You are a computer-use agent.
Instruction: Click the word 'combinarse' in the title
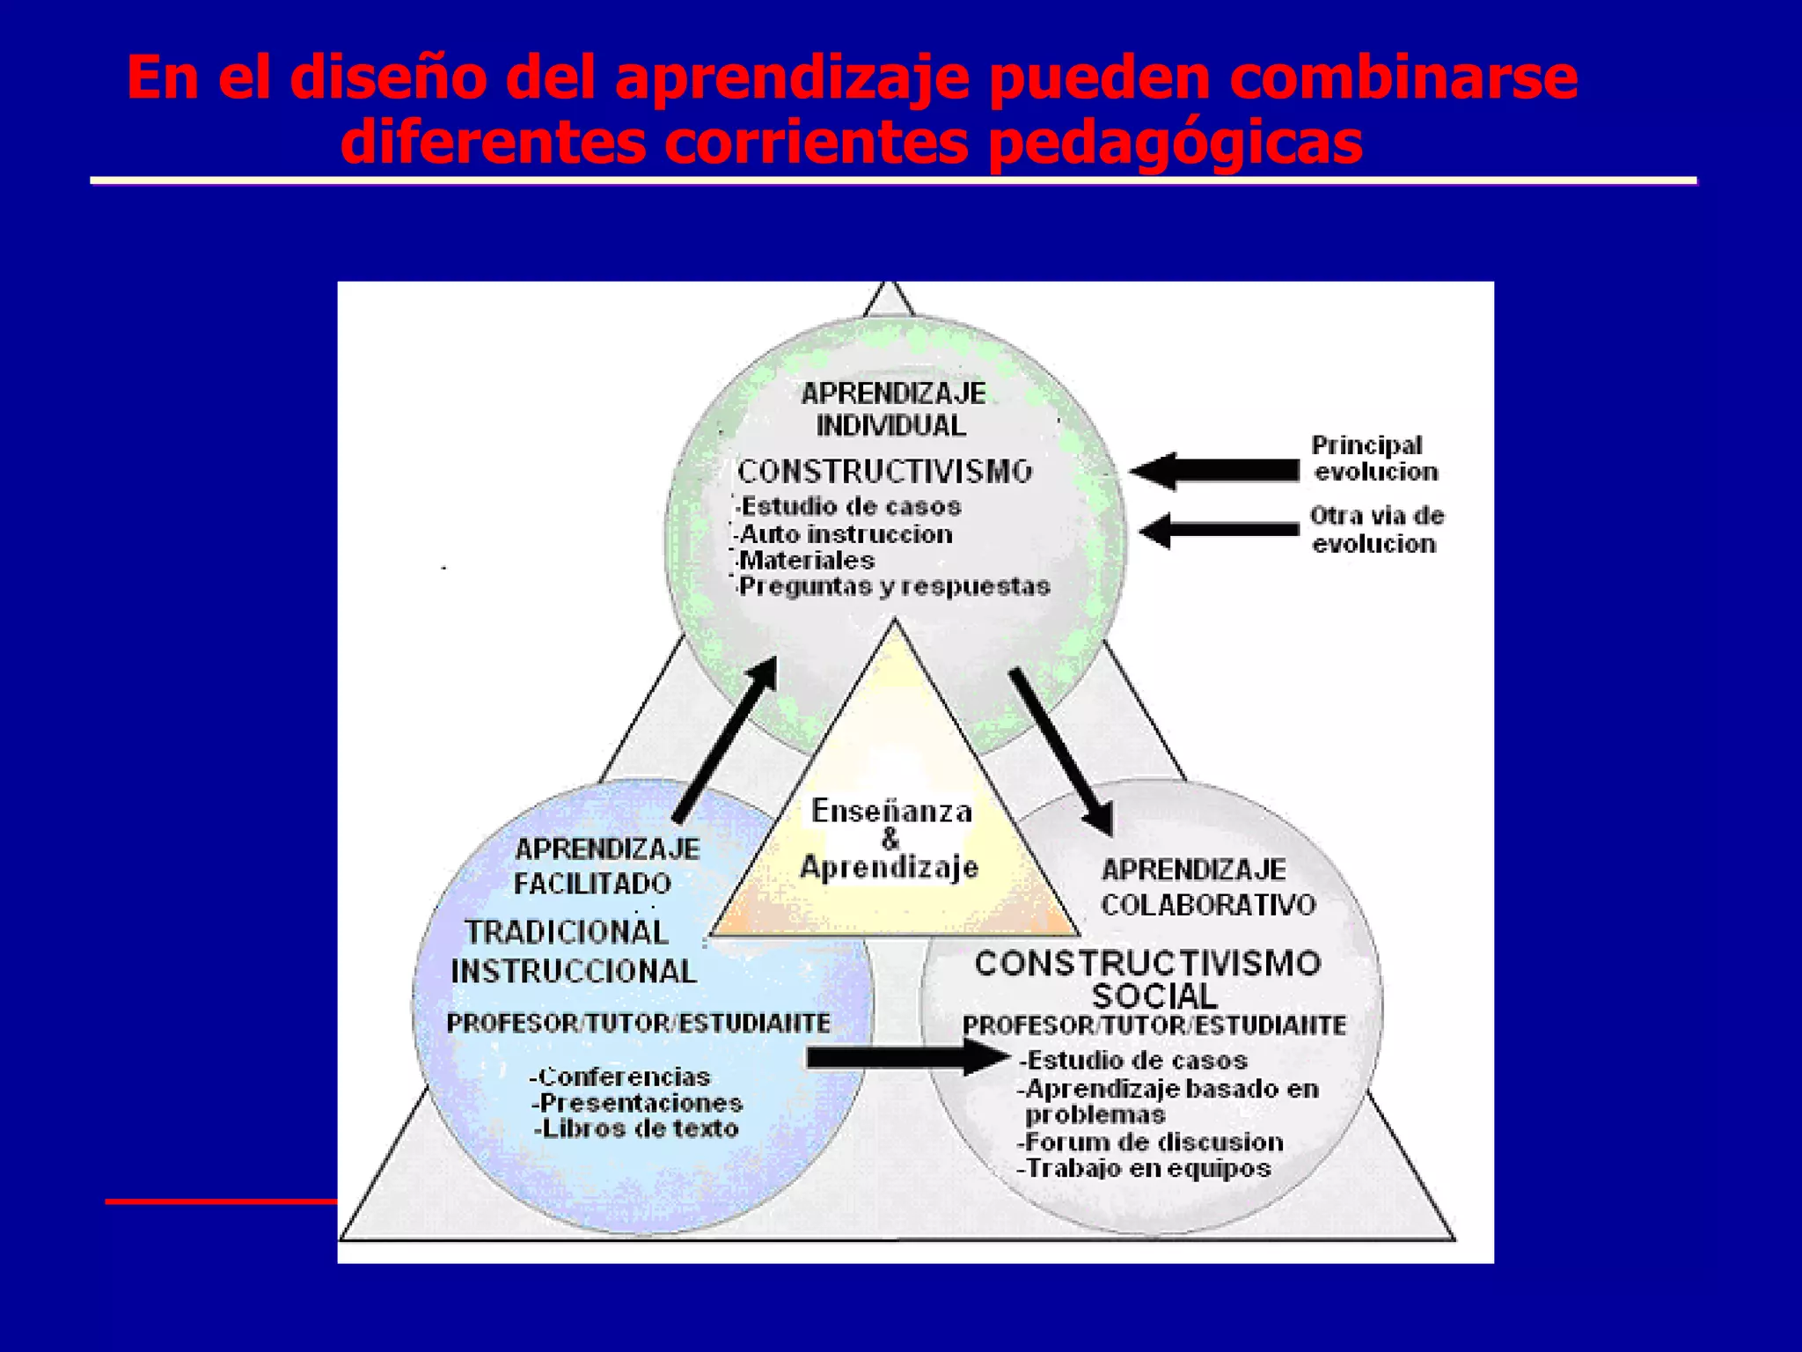(1403, 77)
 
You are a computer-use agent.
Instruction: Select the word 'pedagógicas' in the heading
(1175, 143)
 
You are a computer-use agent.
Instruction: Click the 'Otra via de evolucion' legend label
(1376, 529)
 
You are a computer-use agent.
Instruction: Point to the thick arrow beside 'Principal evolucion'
(1214, 471)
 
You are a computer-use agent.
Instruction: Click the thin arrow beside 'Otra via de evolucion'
(1219, 530)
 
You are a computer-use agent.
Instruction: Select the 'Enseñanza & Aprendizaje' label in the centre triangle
(890, 839)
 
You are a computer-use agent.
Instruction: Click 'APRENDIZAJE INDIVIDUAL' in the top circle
(891, 409)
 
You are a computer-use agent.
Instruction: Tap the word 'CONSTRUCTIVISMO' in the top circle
(884, 472)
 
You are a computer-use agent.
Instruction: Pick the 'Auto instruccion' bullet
(846, 534)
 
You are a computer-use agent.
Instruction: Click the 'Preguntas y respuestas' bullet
(894, 586)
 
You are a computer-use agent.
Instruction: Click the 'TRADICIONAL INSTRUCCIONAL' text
(572, 952)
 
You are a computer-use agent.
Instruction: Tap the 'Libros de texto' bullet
(638, 1128)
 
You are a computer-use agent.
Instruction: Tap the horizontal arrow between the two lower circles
(906, 1057)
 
